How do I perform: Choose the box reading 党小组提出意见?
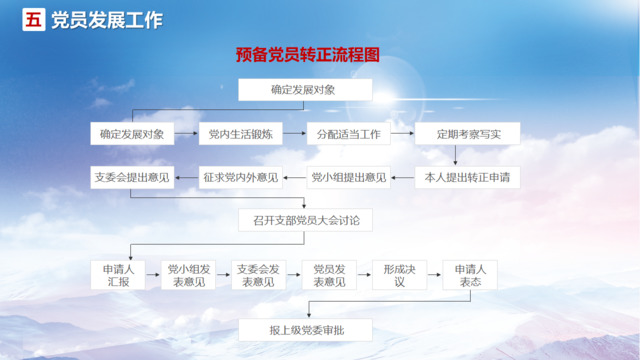(348, 178)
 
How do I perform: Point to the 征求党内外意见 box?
(239, 178)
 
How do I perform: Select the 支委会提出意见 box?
(131, 178)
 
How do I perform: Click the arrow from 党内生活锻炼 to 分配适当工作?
(293, 132)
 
